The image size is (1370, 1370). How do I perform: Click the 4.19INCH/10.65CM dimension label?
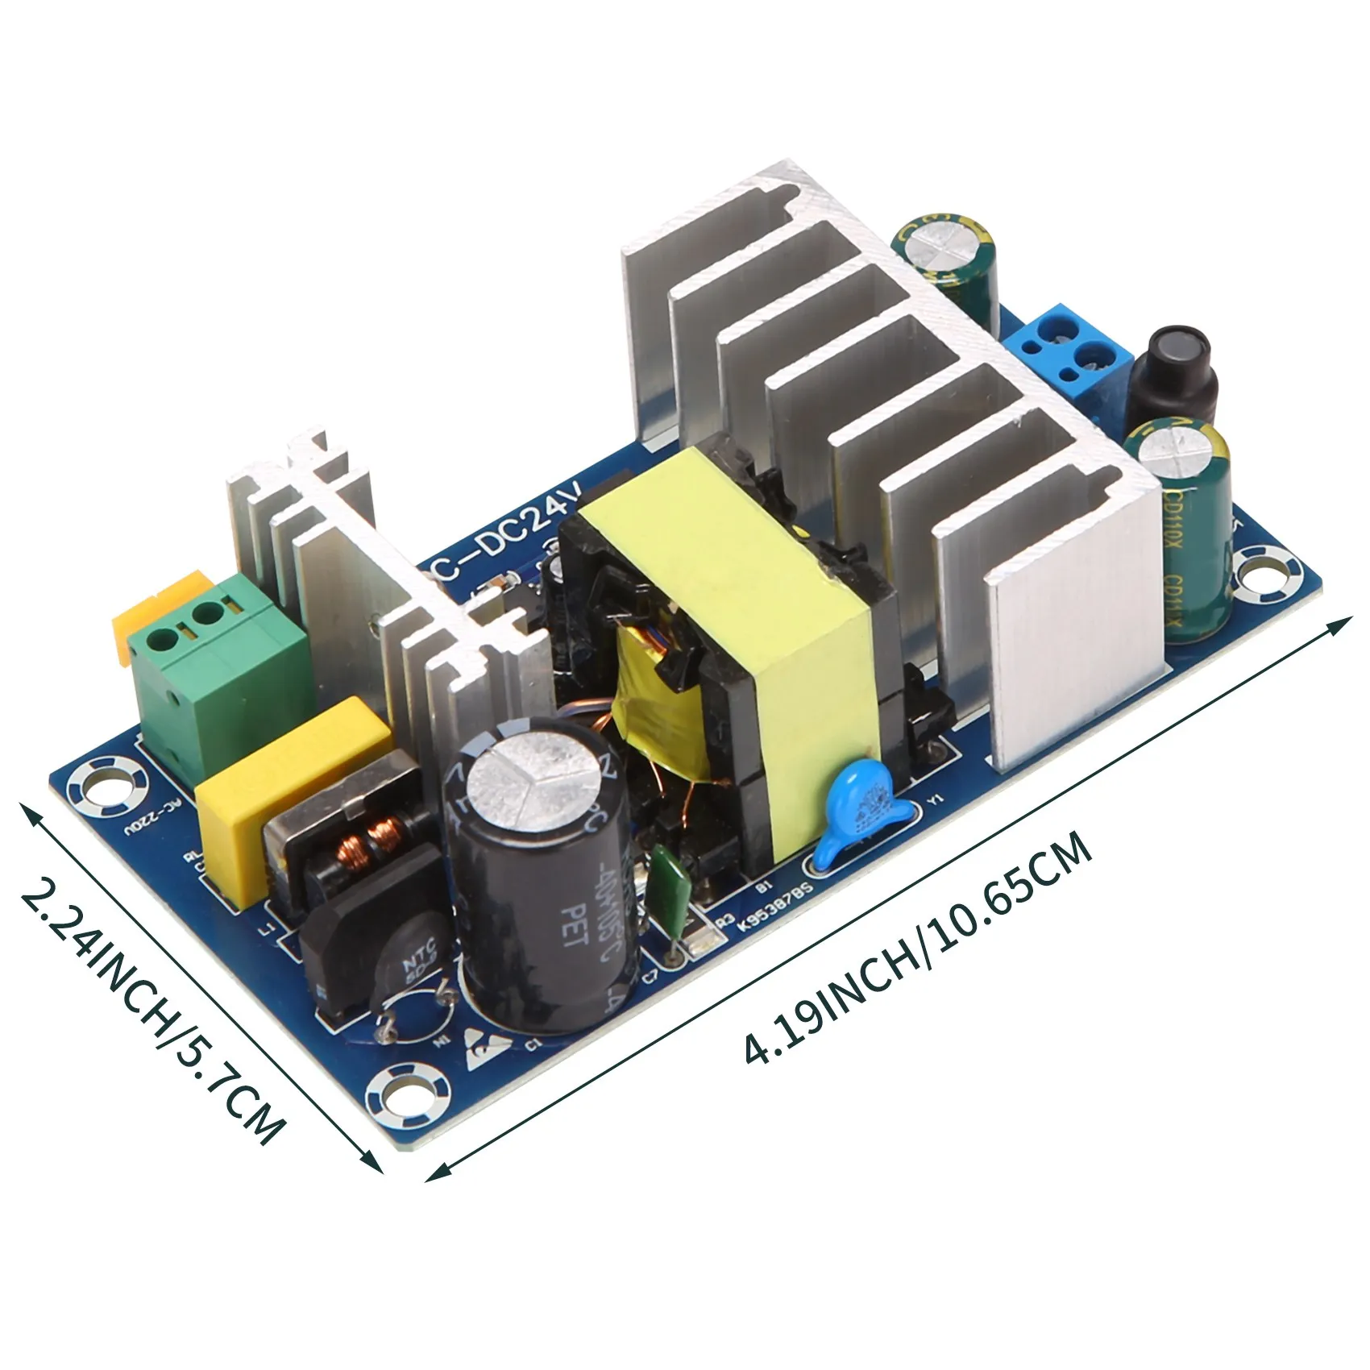tap(919, 951)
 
